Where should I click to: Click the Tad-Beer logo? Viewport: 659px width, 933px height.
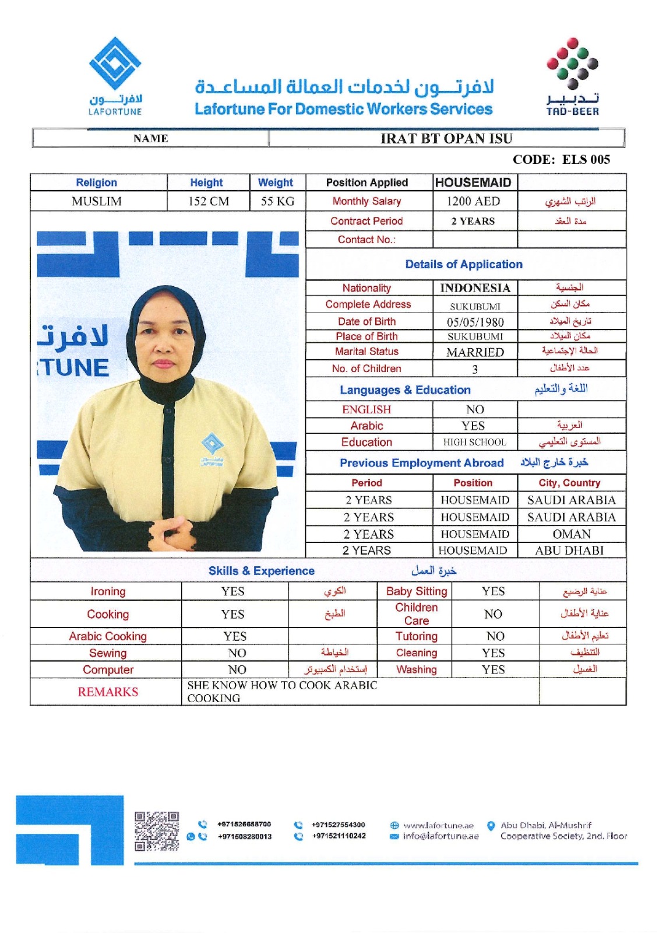point(572,76)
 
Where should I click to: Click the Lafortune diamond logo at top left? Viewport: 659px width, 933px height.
point(115,64)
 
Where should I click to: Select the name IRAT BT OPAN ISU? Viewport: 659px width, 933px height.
point(446,138)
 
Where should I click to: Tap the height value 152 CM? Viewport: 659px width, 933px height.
point(208,201)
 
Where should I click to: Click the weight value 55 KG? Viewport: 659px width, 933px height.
point(277,201)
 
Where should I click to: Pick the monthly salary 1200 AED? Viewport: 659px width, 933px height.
point(473,201)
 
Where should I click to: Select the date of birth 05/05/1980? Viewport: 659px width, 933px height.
point(475,322)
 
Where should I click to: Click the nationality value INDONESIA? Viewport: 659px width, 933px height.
point(475,288)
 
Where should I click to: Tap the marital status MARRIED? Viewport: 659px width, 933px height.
point(475,352)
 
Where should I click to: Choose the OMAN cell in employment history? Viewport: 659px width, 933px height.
point(571,534)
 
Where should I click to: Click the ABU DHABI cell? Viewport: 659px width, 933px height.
point(569,550)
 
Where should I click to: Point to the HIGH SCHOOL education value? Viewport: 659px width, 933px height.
point(474,442)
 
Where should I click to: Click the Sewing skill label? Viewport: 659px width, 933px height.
point(108,653)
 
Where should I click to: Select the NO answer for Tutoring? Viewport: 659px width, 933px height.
point(495,636)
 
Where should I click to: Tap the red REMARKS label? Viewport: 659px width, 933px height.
point(108,692)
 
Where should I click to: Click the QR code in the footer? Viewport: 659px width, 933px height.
point(157,831)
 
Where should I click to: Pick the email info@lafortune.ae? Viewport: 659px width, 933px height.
point(440,836)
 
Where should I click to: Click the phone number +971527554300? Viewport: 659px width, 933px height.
point(338,825)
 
